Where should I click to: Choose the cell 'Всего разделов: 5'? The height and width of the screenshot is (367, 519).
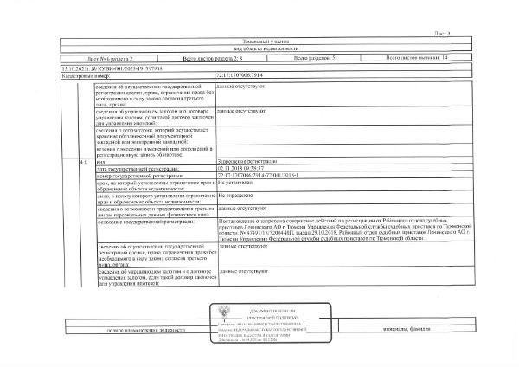point(315,58)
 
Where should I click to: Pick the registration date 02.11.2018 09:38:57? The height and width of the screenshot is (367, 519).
point(241,168)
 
